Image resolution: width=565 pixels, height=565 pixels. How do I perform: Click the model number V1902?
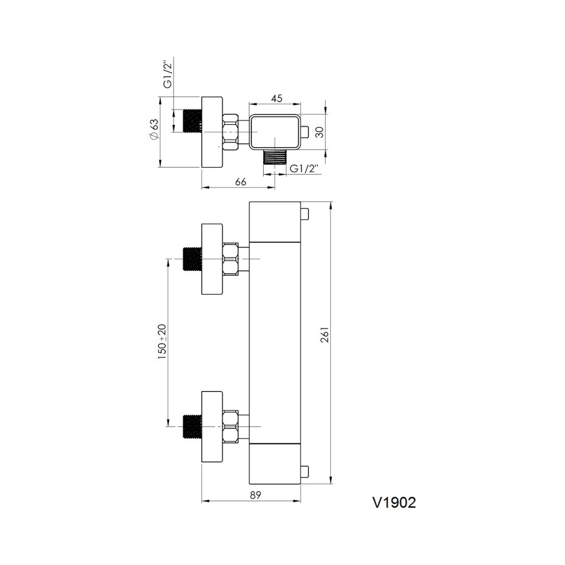[394, 503]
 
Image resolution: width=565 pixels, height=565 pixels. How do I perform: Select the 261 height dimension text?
[325, 335]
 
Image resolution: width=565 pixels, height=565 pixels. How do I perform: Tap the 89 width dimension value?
[255, 495]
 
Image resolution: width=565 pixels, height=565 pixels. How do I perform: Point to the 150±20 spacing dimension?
[162, 342]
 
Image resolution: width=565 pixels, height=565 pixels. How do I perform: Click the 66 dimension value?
[240, 181]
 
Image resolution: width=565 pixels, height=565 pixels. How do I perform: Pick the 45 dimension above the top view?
[276, 98]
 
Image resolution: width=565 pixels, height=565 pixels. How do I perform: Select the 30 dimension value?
[320, 132]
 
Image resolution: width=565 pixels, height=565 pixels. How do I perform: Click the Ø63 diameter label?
[154, 129]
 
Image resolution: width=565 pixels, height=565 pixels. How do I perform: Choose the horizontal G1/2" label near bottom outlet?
[305, 169]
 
